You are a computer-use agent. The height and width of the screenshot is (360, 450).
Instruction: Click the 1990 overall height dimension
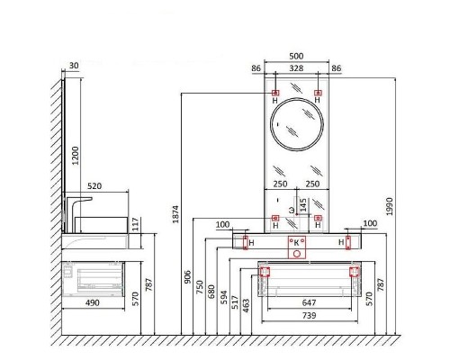[x=389, y=206]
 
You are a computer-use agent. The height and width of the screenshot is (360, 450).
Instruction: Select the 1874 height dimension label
[x=175, y=214]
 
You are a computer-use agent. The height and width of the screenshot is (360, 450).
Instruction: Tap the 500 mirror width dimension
[x=296, y=56]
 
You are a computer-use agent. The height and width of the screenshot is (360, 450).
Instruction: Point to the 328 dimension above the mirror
[x=296, y=68]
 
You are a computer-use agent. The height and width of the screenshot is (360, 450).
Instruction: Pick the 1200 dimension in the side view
[x=76, y=156]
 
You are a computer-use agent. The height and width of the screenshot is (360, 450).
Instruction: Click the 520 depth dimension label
[x=94, y=186]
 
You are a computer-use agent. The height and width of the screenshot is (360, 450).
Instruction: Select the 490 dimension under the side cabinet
[x=93, y=302]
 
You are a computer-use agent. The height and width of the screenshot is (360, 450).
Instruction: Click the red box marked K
[x=297, y=247]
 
